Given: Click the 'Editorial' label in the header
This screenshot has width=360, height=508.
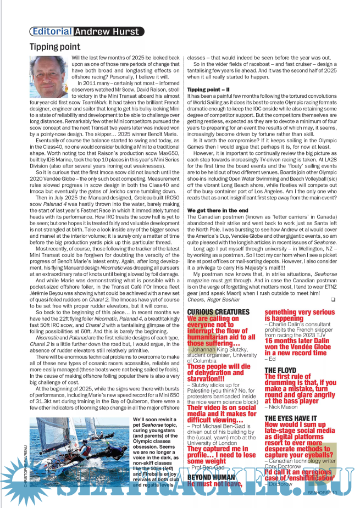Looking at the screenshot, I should pyautogui.click(x=51, y=32).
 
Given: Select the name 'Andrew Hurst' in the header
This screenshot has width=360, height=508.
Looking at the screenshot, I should pyautogui.click(x=107, y=32).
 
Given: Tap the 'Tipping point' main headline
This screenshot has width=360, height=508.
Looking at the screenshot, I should pyautogui.click(x=55, y=47).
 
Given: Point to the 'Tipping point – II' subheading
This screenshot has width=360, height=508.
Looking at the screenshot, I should pyautogui.click(x=212, y=89).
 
